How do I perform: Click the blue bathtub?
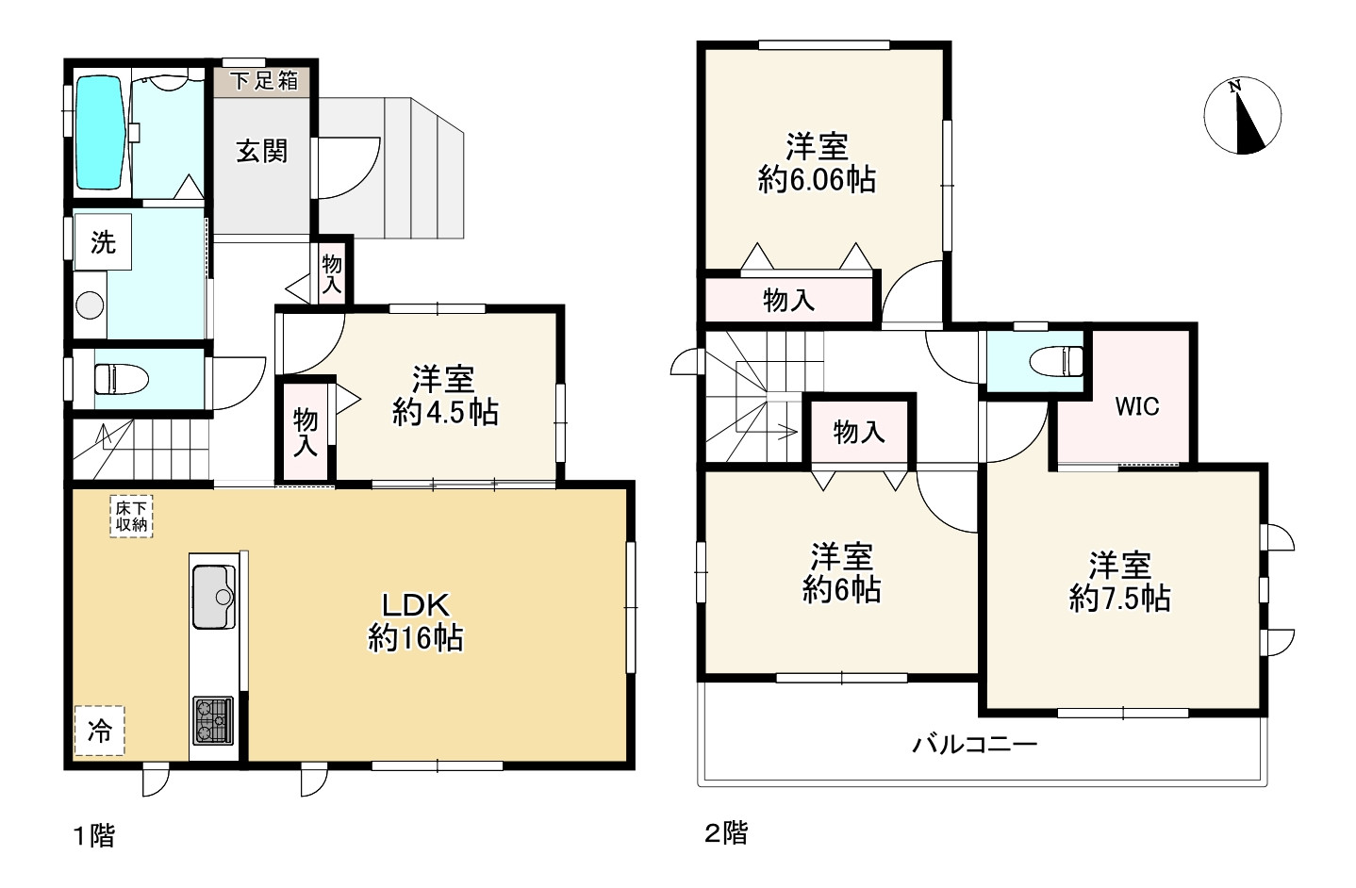(x=101, y=133)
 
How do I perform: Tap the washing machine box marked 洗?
(x=103, y=242)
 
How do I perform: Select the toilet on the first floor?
(x=121, y=380)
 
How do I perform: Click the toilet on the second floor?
(x=1056, y=361)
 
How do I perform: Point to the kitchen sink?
(x=214, y=597)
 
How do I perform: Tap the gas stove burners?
(x=213, y=720)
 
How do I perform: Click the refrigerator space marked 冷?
(x=99, y=731)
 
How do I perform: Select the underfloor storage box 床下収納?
(x=131, y=517)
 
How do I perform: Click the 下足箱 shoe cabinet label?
(x=265, y=80)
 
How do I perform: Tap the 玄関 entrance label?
(x=261, y=152)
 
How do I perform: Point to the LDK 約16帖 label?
(x=416, y=621)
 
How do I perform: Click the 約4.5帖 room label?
(x=445, y=413)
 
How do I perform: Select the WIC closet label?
(x=1137, y=407)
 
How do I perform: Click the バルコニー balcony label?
(x=975, y=744)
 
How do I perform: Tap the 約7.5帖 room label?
(x=1119, y=599)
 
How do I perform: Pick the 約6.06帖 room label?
(x=817, y=180)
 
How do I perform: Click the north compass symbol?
(x=1243, y=116)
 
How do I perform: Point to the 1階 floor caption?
(x=94, y=836)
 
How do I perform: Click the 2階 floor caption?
(x=726, y=833)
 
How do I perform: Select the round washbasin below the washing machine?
(x=90, y=305)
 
